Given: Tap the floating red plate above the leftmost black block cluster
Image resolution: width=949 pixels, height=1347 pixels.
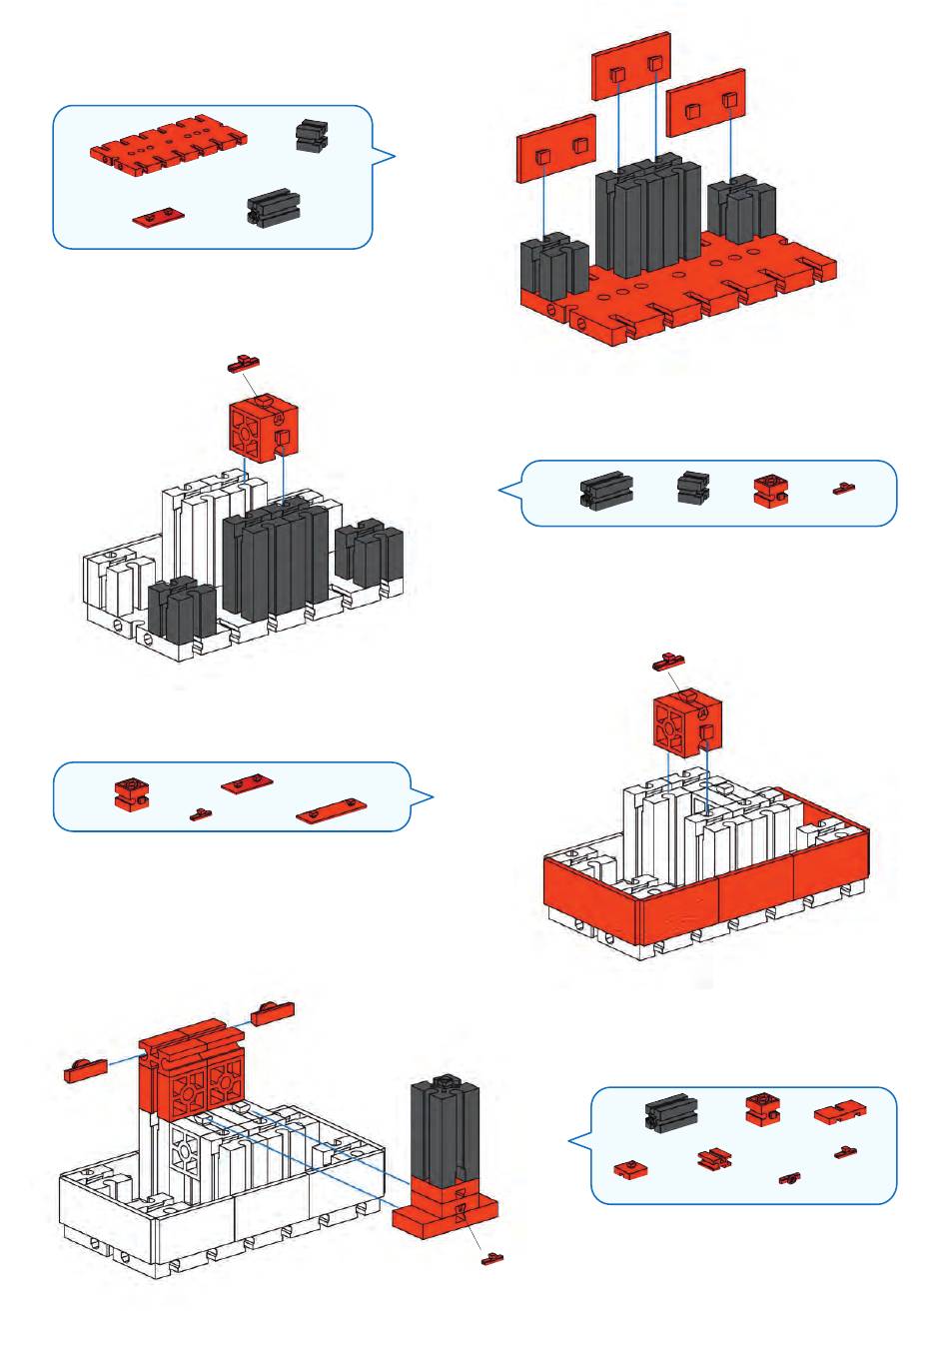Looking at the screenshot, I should (x=555, y=149).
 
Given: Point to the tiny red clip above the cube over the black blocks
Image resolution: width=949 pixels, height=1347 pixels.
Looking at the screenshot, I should (x=244, y=364).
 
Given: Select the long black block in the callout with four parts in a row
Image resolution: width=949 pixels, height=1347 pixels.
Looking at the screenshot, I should (x=606, y=490).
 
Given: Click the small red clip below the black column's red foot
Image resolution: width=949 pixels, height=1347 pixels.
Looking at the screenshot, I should (x=492, y=1258).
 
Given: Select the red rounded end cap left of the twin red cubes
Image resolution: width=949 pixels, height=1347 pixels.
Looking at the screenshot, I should (x=85, y=1070).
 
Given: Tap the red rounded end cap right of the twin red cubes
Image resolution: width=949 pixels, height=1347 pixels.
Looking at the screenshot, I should (x=273, y=1012).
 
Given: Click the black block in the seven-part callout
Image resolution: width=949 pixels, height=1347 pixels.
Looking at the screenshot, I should (x=670, y=1113).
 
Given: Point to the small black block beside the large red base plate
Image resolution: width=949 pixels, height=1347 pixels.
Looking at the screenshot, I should (x=312, y=135).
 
